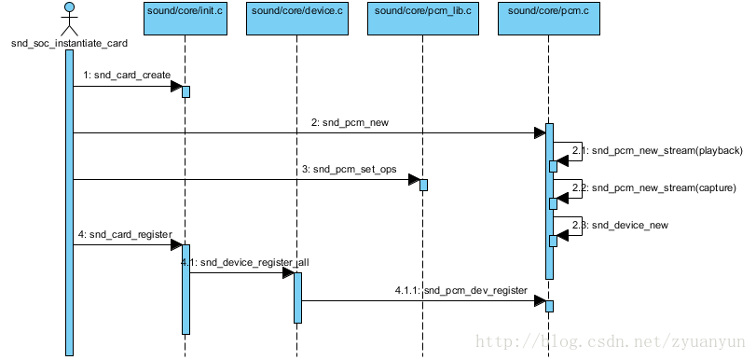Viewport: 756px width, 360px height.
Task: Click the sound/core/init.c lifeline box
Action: [x=186, y=18]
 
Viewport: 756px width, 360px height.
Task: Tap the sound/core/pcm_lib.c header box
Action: [x=422, y=18]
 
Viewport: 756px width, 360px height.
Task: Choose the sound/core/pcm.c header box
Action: [x=548, y=18]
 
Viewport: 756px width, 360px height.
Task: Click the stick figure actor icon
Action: [x=69, y=19]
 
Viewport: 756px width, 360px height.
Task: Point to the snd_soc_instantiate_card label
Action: [x=69, y=43]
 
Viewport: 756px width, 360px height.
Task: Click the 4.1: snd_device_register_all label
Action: [x=244, y=262]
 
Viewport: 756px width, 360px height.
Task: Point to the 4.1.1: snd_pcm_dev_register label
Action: [x=460, y=290]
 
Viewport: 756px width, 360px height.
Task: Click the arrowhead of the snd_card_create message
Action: [x=175, y=87]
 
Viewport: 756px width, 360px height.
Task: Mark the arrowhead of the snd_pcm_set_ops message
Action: [x=414, y=180]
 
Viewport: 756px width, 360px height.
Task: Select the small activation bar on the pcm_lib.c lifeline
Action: [x=423, y=185]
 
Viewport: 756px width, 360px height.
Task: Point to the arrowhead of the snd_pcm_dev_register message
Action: [x=539, y=301]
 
